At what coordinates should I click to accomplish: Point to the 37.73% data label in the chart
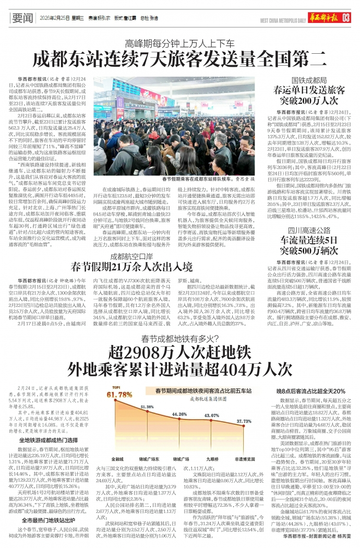pyautogui.click(x=244, y=420)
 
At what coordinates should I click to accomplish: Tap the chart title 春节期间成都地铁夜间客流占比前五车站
pyautogui.click(x=196, y=390)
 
